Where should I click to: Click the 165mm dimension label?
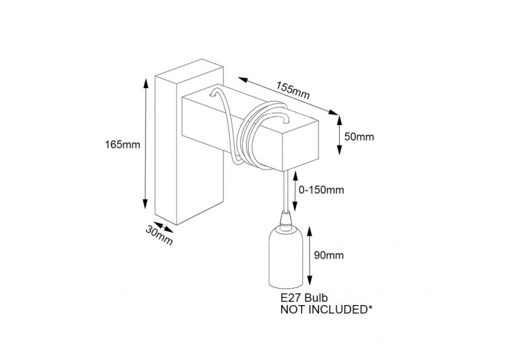point(123,145)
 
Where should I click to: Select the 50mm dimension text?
point(359,137)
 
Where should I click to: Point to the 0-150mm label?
point(321,190)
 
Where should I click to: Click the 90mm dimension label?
point(328,255)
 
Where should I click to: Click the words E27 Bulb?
point(302,298)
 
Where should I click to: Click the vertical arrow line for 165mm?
point(146,145)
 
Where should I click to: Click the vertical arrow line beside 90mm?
point(310,254)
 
